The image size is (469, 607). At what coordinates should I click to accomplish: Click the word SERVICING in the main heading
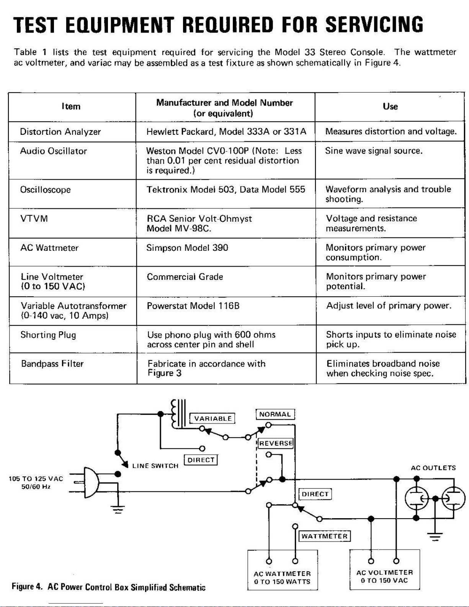pyautogui.click(x=374, y=25)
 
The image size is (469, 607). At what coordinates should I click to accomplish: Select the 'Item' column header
pyautogui.click(x=71, y=106)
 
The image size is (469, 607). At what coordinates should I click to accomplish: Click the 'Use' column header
pyautogui.click(x=390, y=106)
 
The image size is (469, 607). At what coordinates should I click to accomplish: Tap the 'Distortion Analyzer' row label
pyautogui.click(x=60, y=132)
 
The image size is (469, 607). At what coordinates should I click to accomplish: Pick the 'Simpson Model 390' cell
pyautogui.click(x=187, y=248)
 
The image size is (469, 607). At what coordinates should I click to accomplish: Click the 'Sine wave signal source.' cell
pyautogui.click(x=374, y=151)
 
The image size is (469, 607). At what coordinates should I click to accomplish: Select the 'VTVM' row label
pyautogui.click(x=34, y=219)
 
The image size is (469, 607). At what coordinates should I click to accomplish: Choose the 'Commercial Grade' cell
pyautogui.click(x=185, y=277)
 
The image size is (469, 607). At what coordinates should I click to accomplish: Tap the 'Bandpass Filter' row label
pyautogui.click(x=52, y=364)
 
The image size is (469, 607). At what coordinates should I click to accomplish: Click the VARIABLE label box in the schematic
pyautogui.click(x=213, y=419)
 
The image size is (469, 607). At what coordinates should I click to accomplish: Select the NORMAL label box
pyautogui.click(x=275, y=414)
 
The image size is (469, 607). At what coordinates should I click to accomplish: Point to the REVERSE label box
pyautogui.click(x=276, y=443)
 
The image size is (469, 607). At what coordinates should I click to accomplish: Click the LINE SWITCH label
pyautogui.click(x=155, y=466)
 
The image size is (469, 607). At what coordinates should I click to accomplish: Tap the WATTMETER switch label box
pyautogui.click(x=324, y=536)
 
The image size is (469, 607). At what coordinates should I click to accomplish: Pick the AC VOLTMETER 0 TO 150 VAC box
pyautogui.click(x=384, y=570)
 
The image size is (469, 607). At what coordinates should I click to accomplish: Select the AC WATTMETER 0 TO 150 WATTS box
pyautogui.click(x=283, y=571)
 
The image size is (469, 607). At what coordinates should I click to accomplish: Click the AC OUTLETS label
pyautogui.click(x=433, y=468)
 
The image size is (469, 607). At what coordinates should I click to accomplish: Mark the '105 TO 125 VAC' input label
pyautogui.click(x=36, y=479)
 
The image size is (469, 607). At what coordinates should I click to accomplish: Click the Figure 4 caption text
pyautogui.click(x=108, y=587)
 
